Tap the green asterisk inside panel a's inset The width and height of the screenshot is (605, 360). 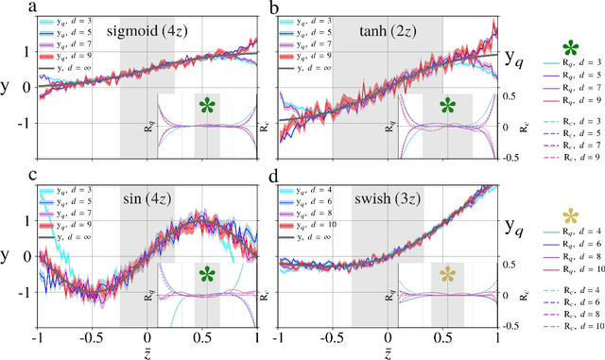coord(208,106)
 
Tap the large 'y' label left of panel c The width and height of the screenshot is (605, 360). coord(9,256)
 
